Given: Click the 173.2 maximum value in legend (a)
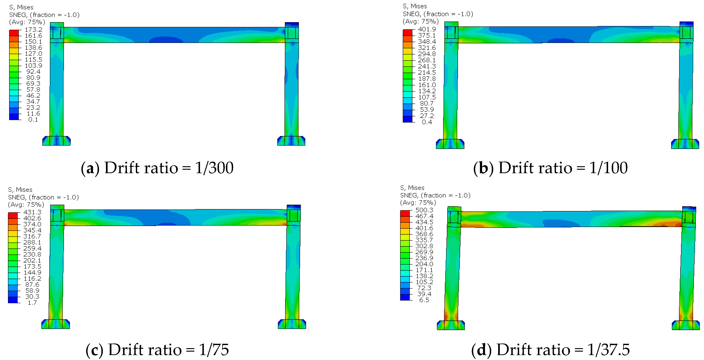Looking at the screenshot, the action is pyautogui.click(x=34, y=30).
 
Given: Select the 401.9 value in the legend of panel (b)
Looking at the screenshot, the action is pyautogui.click(x=427, y=29).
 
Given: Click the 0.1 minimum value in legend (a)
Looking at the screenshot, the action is pyautogui.click(x=33, y=120).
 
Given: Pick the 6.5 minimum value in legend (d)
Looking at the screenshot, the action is pyautogui.click(x=424, y=300).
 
